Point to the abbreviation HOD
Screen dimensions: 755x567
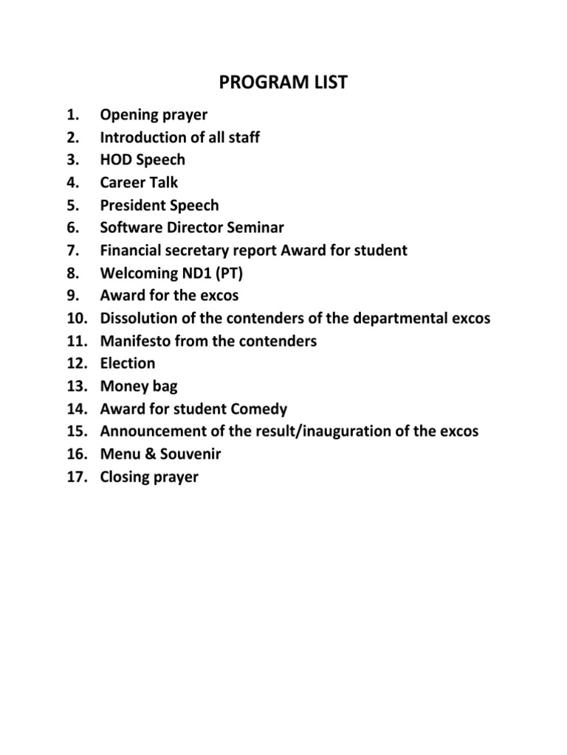pos(116,160)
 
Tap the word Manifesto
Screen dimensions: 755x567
pos(134,341)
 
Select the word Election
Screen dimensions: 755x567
pos(128,363)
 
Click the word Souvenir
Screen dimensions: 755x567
pos(192,454)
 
